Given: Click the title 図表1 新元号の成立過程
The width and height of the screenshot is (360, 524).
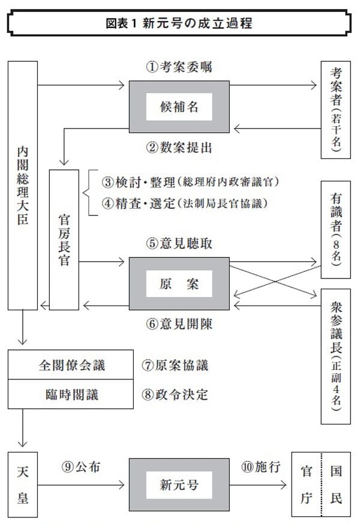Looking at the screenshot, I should [x=180, y=24].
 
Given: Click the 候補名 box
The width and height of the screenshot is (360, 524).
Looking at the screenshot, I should [x=179, y=107].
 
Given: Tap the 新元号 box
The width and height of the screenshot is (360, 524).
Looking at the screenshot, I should [x=179, y=484].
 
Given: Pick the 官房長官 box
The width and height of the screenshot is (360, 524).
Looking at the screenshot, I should [x=64, y=239].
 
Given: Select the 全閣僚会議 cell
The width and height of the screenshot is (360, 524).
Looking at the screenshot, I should [x=71, y=364].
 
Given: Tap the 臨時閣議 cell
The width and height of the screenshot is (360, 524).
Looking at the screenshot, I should [x=71, y=394].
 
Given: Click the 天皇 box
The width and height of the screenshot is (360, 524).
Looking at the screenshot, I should [x=22, y=483].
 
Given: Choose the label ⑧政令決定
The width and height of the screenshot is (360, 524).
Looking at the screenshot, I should [x=175, y=394].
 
